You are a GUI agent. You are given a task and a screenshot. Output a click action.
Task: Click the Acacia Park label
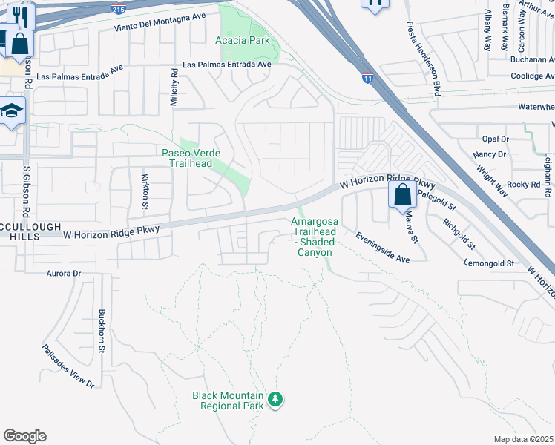click(x=242, y=39)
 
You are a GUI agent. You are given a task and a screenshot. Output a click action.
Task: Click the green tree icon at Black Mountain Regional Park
click(x=276, y=400)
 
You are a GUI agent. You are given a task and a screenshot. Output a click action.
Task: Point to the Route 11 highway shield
click(x=368, y=76)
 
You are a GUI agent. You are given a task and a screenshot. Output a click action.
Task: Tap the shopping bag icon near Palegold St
click(x=402, y=195)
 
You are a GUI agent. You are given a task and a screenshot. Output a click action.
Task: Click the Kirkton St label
click(x=145, y=191)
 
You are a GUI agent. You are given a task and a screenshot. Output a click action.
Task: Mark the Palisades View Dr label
click(x=68, y=366)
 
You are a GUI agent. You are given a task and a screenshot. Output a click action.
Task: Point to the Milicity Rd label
click(x=174, y=88)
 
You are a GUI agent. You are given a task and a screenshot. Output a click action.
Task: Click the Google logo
click(x=24, y=436)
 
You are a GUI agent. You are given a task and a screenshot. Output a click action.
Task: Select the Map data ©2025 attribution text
click(x=524, y=439)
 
